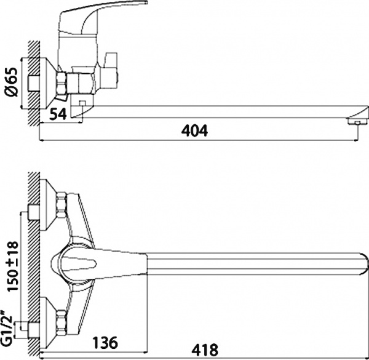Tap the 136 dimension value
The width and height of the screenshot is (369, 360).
click(105, 342)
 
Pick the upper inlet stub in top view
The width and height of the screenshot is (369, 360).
click(26, 214)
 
